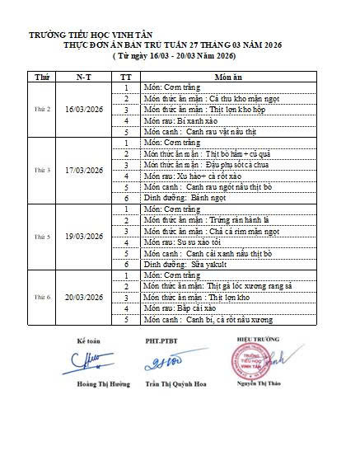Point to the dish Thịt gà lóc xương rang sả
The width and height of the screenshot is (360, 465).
[x=223, y=286]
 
